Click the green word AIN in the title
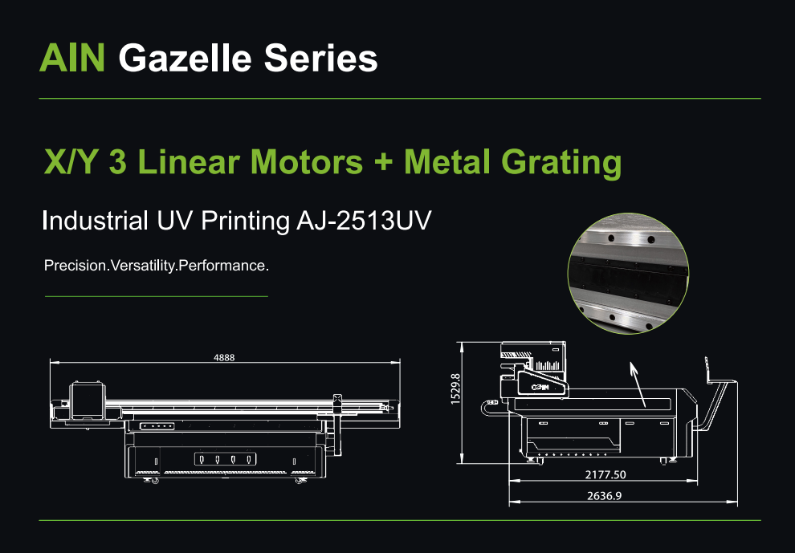72,58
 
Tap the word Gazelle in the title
185,59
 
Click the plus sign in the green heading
384,162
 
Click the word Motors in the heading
307,161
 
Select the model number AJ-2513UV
364,221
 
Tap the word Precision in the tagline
75,265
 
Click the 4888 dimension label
224,357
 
